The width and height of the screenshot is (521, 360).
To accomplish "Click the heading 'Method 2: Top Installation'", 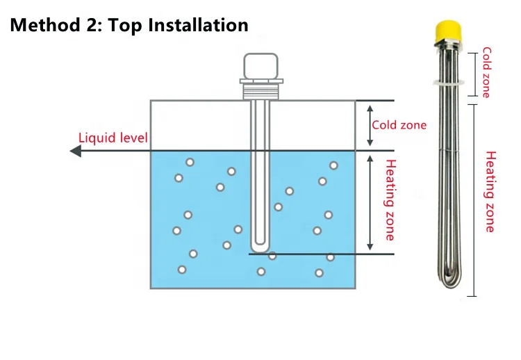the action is [x=129, y=26].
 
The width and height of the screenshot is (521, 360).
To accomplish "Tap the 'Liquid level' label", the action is [x=113, y=138].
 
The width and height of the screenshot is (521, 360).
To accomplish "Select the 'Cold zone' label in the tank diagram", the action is [x=399, y=125].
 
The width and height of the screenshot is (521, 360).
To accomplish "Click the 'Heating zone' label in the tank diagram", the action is [x=390, y=200].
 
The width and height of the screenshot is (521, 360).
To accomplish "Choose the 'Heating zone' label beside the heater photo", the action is [x=490, y=191].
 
